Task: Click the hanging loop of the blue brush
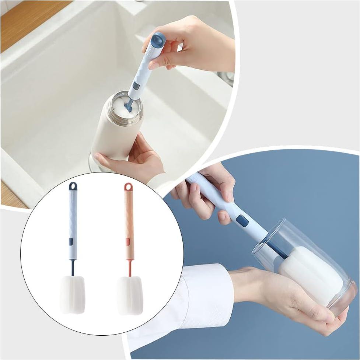pos(73,186)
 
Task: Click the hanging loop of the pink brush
pos(128,187)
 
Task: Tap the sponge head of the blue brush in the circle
pos(73,294)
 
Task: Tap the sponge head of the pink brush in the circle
pos(130,296)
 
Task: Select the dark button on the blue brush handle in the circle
pos(71,242)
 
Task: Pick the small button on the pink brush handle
pos(127,242)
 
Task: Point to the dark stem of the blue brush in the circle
pos(72,267)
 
